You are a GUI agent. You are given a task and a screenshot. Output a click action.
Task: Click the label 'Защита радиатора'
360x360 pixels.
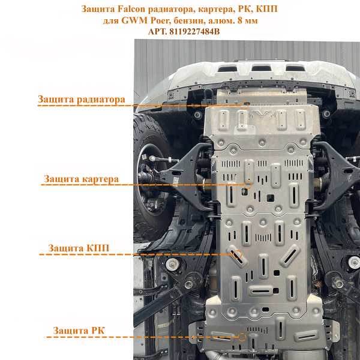click(82, 100)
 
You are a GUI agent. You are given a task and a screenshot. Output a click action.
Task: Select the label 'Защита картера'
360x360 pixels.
click(81, 179)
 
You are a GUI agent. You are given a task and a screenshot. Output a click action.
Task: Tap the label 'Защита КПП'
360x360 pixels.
click(79, 248)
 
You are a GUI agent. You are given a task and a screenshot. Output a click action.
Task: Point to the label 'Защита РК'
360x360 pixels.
click(79, 331)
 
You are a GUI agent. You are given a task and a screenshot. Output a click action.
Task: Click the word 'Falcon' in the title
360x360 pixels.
click(131, 9)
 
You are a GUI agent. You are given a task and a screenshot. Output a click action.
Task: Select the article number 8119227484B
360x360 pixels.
click(194, 31)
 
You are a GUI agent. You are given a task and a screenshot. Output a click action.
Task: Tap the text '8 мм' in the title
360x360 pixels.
click(247, 20)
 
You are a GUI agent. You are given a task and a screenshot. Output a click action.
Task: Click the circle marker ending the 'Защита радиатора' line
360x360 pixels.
click(244, 106)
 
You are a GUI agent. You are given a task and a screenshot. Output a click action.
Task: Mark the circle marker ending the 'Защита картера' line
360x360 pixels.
click(247, 185)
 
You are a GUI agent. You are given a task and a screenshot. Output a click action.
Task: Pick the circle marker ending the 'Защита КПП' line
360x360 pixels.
click(238, 254)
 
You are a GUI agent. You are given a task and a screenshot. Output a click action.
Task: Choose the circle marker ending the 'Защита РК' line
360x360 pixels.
click(242, 337)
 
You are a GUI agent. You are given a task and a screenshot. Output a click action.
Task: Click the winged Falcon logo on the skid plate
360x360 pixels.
click(262, 113)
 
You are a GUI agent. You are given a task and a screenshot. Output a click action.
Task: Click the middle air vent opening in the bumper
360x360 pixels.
click(261, 68)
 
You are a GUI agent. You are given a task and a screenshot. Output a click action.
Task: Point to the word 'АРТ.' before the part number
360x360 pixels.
click(157, 31)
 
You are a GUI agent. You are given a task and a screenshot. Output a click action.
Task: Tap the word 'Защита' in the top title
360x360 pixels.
click(98, 9)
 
